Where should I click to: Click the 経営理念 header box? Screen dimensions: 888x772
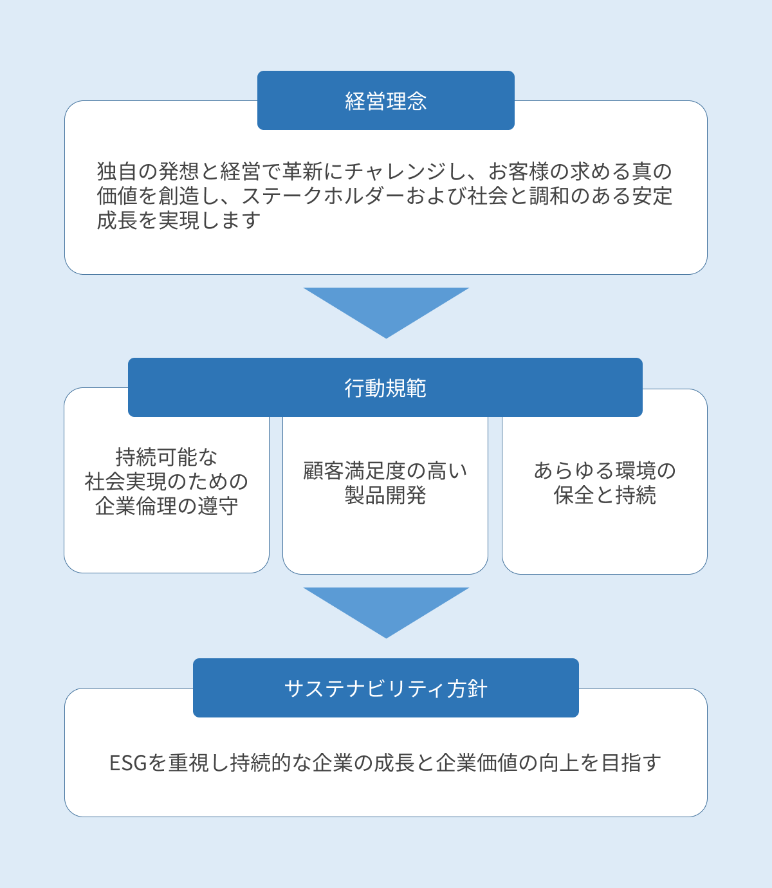[386, 100]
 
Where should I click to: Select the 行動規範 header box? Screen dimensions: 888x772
[385, 387]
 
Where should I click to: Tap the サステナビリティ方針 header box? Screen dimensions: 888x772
[386, 688]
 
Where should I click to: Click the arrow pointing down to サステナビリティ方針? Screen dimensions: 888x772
[386, 609]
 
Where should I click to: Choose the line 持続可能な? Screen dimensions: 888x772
[167, 458]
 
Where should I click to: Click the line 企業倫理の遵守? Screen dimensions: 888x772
[167, 506]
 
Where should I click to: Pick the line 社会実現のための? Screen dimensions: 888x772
[167, 482]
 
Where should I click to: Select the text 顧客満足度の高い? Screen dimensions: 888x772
[385, 471]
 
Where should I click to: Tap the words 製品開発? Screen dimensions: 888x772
[385, 495]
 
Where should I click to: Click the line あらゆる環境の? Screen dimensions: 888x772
[605, 471]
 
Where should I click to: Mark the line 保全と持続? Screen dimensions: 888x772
[605, 495]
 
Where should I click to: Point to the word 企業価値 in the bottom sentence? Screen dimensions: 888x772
[477, 763]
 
